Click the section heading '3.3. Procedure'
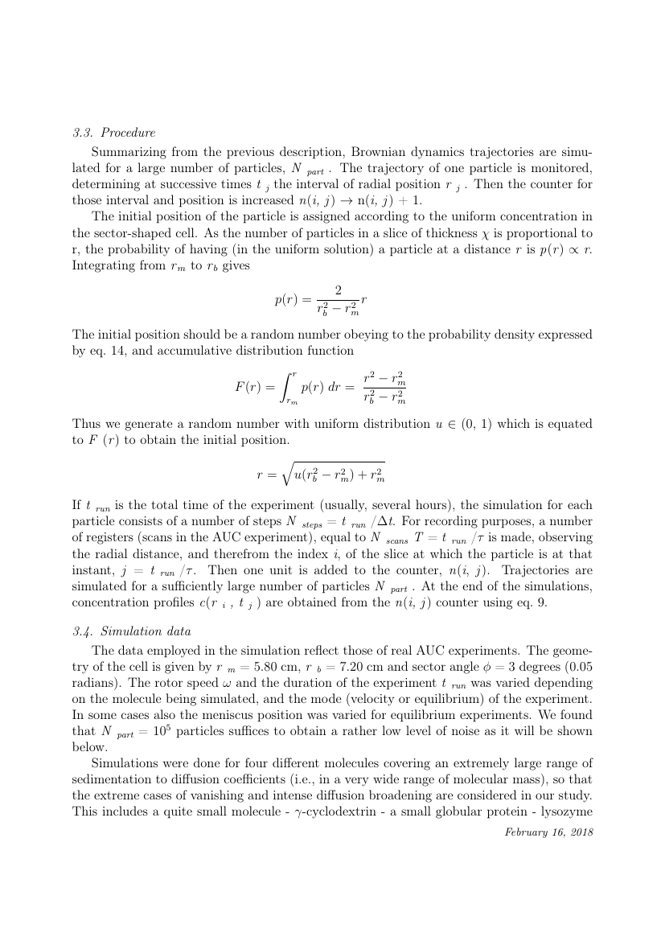[113, 133]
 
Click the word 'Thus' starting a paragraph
[85, 424]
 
